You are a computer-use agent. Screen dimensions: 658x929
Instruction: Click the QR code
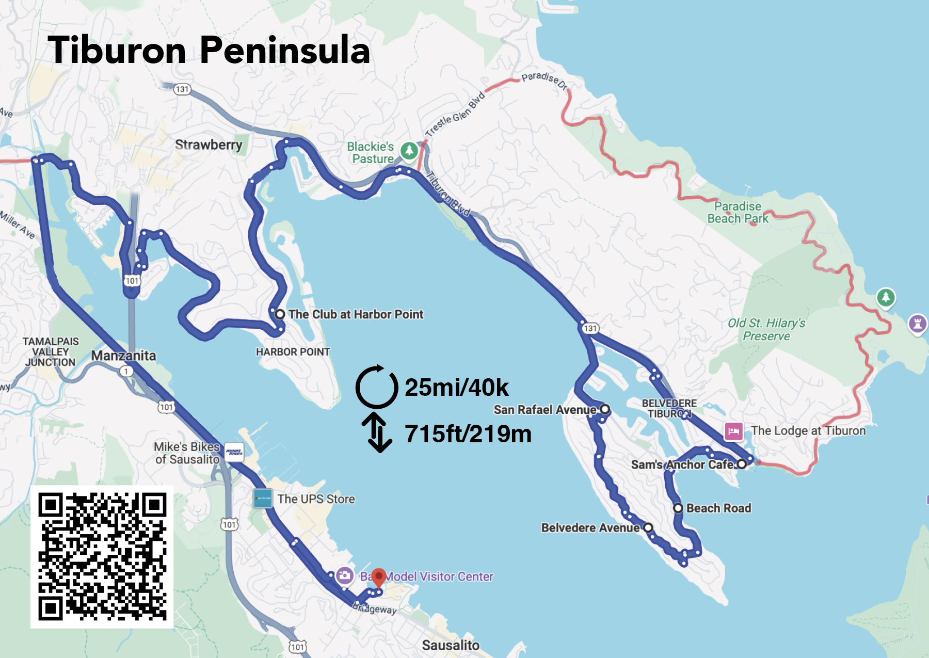(x=102, y=556)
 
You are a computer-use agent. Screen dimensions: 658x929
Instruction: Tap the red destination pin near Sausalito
(x=379, y=576)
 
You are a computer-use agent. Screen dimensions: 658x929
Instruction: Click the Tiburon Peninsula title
(x=209, y=50)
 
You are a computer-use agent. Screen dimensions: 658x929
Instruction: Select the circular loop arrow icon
(x=377, y=387)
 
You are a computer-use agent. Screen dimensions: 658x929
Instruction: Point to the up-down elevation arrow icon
(x=379, y=432)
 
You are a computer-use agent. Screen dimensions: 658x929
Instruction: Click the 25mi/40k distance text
(x=456, y=387)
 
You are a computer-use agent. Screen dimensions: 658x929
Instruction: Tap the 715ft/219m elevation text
(x=468, y=434)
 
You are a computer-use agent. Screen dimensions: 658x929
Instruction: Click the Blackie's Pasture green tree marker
(x=409, y=151)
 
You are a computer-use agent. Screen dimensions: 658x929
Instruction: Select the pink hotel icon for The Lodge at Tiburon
(x=733, y=431)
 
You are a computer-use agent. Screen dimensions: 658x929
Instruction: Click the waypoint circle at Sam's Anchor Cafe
(x=742, y=464)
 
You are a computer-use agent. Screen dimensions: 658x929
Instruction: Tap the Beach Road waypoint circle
(x=678, y=508)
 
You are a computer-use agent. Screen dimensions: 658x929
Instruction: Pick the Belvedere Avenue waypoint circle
(x=648, y=527)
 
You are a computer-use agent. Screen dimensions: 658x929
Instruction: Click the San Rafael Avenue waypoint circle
(x=605, y=409)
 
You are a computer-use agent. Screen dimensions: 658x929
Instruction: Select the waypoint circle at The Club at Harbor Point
(x=280, y=314)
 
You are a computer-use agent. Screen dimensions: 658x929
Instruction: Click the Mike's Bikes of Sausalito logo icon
(x=234, y=452)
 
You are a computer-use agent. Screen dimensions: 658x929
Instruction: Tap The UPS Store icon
(x=263, y=499)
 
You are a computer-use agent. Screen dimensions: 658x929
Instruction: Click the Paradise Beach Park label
(x=738, y=212)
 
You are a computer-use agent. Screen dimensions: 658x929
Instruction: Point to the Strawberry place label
(x=209, y=145)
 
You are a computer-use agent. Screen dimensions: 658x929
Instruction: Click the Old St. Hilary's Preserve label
(x=766, y=329)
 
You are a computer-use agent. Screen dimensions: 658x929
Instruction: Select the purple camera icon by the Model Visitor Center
(x=345, y=575)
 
